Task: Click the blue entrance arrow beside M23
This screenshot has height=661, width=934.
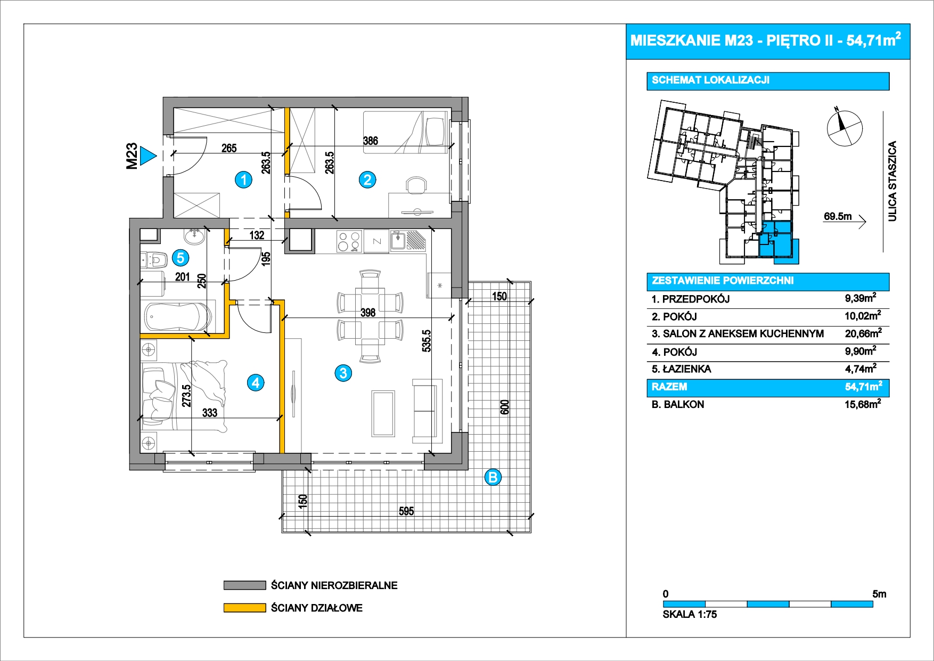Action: pos(147,157)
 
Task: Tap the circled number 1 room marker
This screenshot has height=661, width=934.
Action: pos(244,180)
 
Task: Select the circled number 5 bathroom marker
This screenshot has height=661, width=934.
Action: pos(181,258)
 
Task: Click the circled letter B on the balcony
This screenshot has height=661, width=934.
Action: pos(493,477)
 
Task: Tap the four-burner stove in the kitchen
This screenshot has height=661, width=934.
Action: pos(349,241)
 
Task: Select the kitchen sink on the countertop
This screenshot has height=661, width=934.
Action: pos(398,241)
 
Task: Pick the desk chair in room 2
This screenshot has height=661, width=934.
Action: pos(416,186)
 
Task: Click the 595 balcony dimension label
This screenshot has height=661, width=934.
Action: pos(406,511)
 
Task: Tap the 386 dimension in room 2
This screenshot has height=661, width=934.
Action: pos(371,141)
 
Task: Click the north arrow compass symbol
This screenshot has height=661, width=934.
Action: pos(844,128)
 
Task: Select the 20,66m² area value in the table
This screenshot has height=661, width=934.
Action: pos(863,334)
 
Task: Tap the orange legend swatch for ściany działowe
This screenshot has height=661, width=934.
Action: pos(244,608)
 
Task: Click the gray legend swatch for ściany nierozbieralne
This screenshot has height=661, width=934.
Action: pos(244,585)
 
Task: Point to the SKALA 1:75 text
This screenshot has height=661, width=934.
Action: pos(690,614)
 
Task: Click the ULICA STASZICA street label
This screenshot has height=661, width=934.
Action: pos(892,181)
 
